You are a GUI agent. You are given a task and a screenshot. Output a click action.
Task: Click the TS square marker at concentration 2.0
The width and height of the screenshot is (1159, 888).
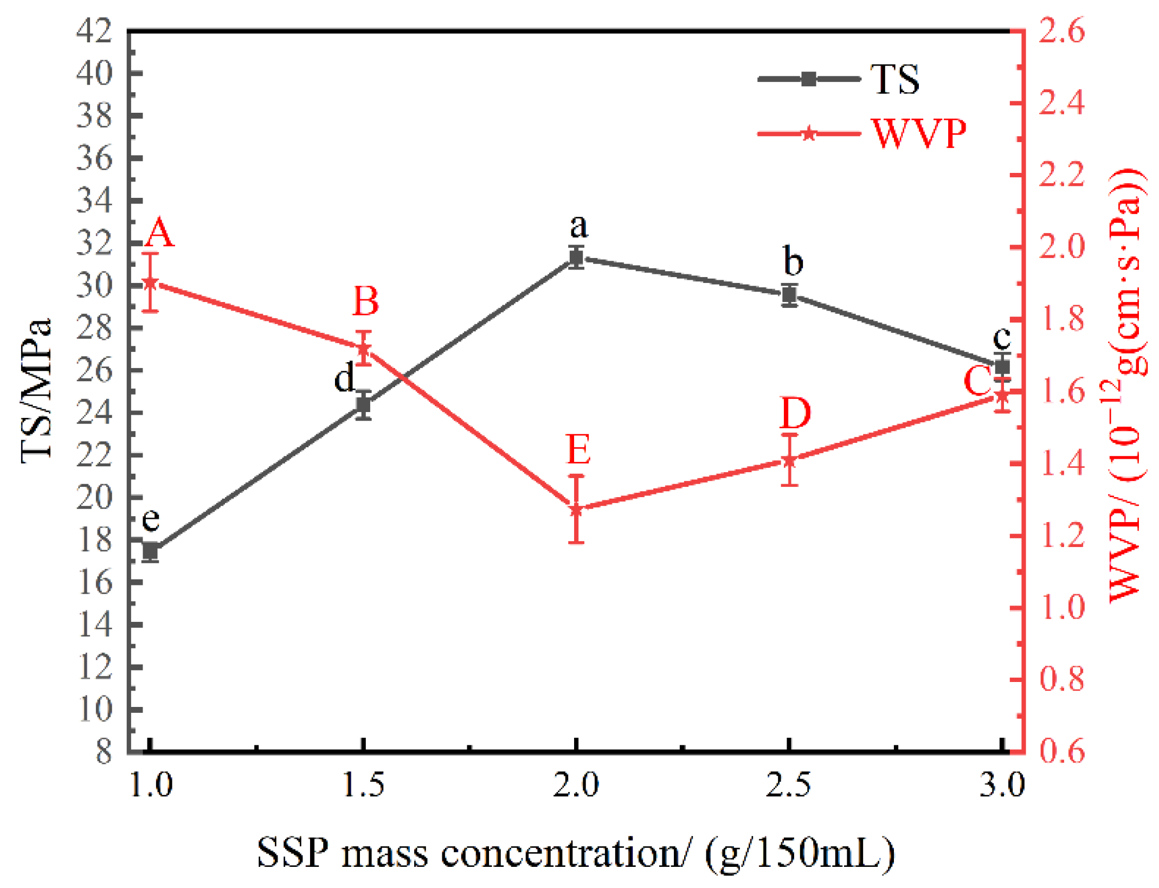click(576, 258)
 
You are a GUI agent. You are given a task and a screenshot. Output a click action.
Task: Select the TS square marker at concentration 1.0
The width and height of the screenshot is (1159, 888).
click(150, 552)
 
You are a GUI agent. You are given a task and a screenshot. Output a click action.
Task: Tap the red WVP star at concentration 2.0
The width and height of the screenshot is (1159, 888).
click(576, 509)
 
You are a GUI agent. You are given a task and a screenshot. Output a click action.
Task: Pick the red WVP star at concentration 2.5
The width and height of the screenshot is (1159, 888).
click(789, 460)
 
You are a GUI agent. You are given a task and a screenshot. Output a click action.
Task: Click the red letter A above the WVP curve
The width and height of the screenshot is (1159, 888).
click(159, 233)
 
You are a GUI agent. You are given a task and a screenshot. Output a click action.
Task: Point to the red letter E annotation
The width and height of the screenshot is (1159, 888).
click(578, 449)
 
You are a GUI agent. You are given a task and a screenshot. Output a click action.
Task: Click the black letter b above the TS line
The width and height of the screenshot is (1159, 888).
click(793, 261)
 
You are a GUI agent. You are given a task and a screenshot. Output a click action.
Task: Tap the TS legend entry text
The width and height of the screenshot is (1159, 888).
click(894, 80)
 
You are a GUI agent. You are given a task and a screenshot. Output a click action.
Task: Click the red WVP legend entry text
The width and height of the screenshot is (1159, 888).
click(918, 133)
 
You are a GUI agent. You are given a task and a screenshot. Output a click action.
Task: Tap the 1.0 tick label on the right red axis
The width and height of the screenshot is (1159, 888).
click(1061, 607)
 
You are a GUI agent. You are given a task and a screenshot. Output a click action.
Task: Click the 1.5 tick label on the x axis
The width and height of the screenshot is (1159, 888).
click(363, 785)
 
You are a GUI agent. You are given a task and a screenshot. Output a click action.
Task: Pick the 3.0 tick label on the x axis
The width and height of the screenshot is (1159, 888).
click(1002, 785)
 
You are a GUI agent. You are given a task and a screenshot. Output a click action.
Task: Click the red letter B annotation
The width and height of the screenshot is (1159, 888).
click(365, 301)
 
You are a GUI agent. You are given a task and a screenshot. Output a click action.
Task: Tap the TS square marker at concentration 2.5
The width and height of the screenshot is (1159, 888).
click(789, 295)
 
